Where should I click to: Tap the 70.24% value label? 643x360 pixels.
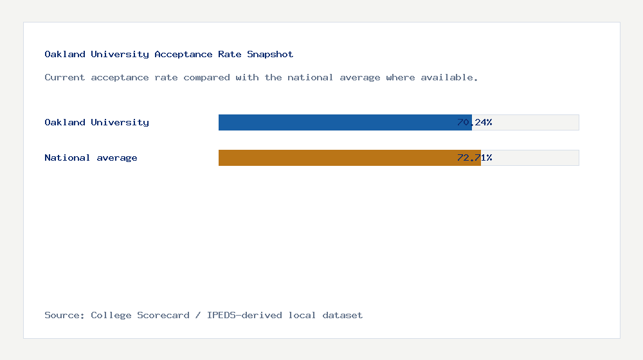tap(475, 122)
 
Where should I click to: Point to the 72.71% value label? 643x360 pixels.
tap(475, 157)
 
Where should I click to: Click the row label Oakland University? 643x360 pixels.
tap(96, 122)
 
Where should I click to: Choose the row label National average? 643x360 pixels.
tap(91, 157)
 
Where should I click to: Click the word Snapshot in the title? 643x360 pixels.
tap(270, 55)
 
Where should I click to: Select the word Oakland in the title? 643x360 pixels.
tap(64, 55)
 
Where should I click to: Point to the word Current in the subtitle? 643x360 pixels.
tap(64, 77)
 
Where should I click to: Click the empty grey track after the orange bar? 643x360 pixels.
tap(537, 157)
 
